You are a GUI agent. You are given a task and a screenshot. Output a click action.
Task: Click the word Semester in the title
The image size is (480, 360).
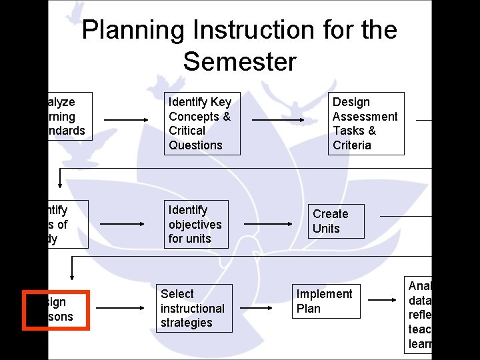239,62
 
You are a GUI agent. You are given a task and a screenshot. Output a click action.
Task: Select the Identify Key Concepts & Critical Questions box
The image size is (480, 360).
201,123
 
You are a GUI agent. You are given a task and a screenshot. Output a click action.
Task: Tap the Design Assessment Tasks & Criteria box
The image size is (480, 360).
365,123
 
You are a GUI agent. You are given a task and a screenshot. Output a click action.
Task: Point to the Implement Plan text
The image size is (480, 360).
324,301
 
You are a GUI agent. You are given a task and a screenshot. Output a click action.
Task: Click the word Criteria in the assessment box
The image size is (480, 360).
351,145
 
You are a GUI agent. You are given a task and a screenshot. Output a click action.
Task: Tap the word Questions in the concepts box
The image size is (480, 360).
195,145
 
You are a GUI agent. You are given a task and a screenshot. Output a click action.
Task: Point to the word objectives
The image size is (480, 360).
195,225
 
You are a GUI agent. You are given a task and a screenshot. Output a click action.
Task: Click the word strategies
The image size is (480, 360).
186,323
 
